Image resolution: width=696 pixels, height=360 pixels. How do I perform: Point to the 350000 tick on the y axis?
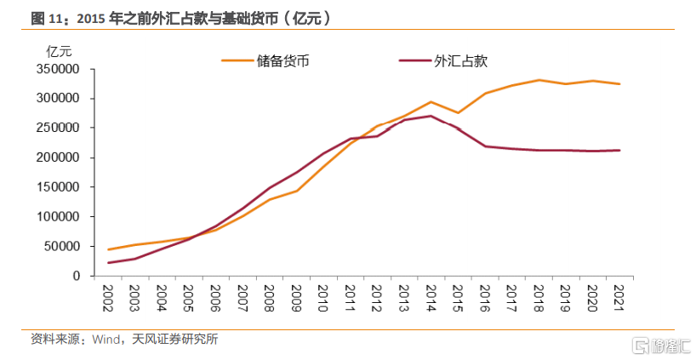click(59, 69)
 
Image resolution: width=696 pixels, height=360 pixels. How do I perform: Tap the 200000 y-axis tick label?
click(59, 157)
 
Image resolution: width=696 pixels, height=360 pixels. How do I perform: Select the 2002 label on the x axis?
click(109, 297)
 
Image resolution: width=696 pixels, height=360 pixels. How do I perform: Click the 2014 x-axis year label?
click(431, 297)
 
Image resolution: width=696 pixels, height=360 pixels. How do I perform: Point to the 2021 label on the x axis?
click(619, 297)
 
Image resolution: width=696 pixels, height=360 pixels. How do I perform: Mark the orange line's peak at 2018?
click(538, 80)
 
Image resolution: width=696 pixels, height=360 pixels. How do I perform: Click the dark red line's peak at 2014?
click(431, 116)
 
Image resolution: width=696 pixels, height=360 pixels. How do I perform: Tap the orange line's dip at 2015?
click(458, 112)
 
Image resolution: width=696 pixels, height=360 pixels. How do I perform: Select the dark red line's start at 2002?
click(109, 263)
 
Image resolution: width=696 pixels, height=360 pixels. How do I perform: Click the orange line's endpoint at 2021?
click(619, 83)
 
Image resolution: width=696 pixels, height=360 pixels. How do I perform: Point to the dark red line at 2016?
click(484, 146)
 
